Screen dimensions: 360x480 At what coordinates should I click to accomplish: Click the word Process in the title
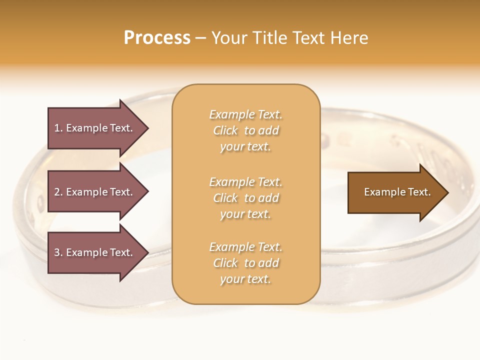(157, 38)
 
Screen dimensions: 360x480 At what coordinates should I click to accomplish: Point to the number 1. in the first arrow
(58, 128)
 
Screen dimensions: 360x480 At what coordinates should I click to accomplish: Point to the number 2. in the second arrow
(58, 192)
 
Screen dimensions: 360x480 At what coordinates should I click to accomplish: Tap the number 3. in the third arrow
(58, 252)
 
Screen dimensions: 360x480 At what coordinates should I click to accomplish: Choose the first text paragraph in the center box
(245, 130)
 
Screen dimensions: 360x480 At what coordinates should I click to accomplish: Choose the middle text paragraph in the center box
(245, 198)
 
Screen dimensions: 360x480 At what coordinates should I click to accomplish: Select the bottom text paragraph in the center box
(245, 263)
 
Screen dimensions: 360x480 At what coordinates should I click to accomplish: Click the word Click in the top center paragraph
(225, 130)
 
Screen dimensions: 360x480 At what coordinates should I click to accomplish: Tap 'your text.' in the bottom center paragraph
(245, 279)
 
